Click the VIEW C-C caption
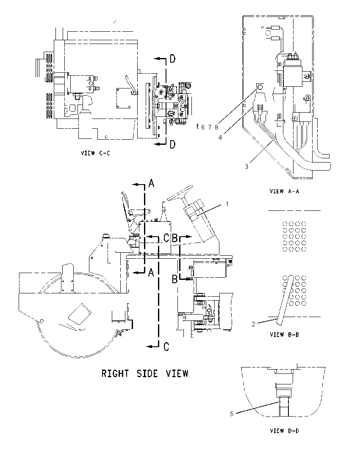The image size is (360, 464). [95, 153]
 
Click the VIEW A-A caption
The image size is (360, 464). [284, 191]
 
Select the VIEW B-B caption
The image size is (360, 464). [284, 335]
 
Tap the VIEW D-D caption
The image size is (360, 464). [284, 431]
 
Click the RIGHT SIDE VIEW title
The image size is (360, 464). [145, 373]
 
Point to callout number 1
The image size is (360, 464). [227, 204]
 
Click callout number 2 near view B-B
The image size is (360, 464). [253, 324]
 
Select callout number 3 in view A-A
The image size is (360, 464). [246, 167]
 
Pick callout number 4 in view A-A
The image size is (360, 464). [220, 138]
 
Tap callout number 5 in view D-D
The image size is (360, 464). [232, 414]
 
